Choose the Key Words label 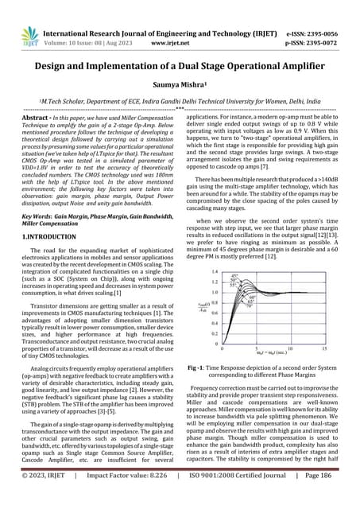click(38, 216)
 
